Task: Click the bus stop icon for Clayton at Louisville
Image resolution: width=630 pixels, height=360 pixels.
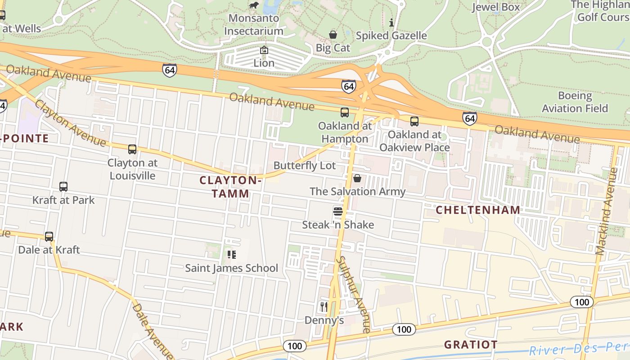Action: [x=132, y=149]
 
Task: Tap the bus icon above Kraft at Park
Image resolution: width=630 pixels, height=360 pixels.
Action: [x=63, y=186]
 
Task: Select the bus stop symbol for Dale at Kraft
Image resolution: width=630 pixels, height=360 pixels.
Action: [x=49, y=236]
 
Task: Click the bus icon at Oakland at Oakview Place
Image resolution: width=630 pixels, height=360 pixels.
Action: [x=414, y=121]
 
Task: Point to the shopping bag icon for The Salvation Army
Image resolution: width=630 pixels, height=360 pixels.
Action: [x=357, y=179]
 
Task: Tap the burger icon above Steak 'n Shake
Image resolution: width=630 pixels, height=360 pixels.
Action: [x=338, y=211]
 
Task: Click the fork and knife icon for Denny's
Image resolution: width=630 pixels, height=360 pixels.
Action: [x=324, y=307]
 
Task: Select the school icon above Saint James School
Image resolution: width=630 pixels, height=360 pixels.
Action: [x=232, y=255]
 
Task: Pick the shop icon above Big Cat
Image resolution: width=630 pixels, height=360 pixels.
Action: [x=333, y=35]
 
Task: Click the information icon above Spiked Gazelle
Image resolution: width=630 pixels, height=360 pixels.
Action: [x=391, y=22]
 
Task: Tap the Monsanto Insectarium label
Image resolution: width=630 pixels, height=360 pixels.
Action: [x=254, y=25]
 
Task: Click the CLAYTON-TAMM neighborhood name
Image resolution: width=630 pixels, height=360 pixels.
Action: [x=230, y=187]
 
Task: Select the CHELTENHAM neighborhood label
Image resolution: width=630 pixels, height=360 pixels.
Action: [x=478, y=210]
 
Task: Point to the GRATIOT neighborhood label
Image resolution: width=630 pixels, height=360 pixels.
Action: [x=471, y=345]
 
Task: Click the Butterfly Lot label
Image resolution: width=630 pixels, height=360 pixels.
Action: [x=305, y=166]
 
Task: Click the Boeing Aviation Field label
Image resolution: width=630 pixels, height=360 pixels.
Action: [x=575, y=102]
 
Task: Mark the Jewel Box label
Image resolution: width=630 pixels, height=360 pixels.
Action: [x=495, y=7]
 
